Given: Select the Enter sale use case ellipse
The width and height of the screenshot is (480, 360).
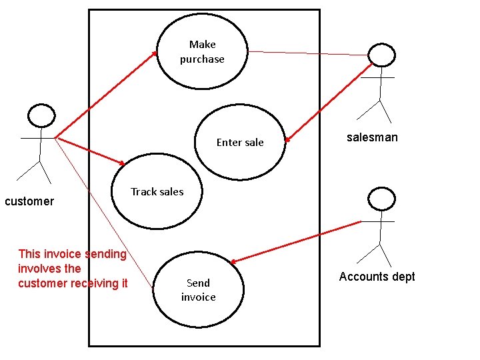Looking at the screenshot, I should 240,160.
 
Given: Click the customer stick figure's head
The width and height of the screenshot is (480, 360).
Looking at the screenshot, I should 41,116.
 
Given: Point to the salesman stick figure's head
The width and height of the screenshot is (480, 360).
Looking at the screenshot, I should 382,55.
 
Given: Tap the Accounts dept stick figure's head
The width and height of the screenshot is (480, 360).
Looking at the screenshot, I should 382,198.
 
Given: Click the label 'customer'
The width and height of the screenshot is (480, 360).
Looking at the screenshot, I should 29,201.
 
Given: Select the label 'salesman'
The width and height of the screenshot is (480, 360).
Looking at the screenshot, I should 372,137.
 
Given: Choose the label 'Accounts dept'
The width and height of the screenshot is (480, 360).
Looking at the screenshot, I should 377,277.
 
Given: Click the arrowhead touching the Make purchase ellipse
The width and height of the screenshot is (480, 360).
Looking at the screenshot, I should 155,53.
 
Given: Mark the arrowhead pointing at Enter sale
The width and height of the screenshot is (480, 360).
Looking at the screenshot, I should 287,140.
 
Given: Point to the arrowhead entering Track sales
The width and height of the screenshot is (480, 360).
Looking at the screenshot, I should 122,163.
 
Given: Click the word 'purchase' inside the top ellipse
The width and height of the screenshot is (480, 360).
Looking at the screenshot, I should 202,59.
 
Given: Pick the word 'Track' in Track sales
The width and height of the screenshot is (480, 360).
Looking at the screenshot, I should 143,192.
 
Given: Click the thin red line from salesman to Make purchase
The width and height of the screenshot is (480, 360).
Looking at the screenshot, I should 307,53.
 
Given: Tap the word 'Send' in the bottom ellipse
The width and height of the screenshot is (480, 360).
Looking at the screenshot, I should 198,283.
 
